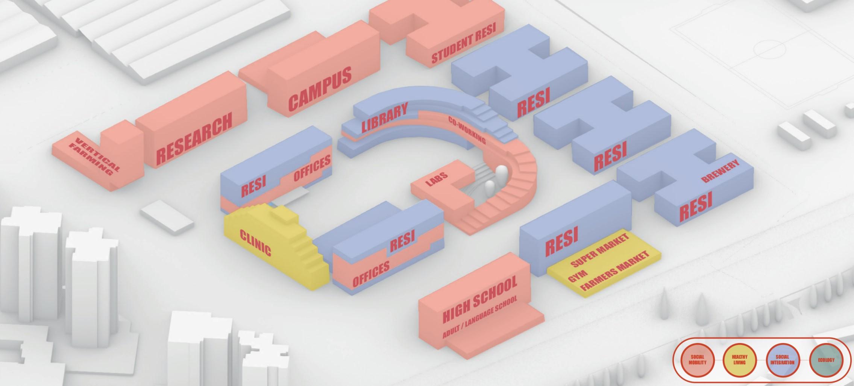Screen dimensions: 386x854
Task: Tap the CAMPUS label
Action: pos(320,90)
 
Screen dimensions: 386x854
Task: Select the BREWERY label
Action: pos(721,171)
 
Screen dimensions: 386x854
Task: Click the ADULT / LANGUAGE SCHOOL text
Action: pos(480,317)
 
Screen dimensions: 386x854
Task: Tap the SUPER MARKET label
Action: pos(600,251)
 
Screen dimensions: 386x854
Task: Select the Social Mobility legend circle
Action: pos(697,360)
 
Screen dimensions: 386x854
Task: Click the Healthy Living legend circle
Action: pos(739,360)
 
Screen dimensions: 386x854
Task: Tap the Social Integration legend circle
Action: pos(782,360)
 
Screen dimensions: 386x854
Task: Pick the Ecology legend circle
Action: pos(826,360)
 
